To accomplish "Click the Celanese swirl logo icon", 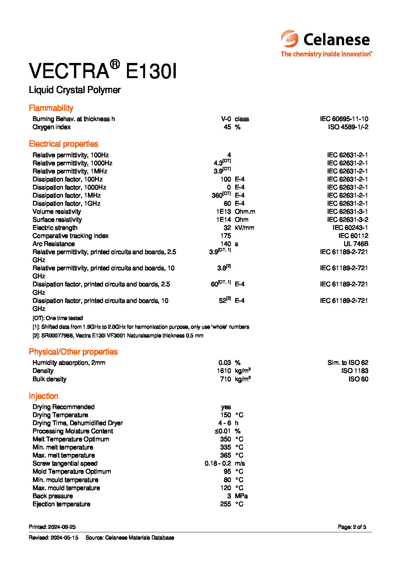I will tap(290, 39).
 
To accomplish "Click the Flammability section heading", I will tap(51, 108).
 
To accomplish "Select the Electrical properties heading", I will tap(63, 144).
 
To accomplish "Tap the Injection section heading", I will tap(43, 396).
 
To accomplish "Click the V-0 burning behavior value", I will tap(226, 119).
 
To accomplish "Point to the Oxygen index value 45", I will tap(227, 127).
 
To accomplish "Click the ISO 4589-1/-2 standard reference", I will tap(348, 127).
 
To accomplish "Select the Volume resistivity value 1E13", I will tap(223, 211).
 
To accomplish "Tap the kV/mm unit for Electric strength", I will tap(244, 228).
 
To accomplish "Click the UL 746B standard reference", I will tap(356, 244).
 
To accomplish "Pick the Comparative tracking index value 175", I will tap(226, 236).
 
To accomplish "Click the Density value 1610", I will tap(224, 371).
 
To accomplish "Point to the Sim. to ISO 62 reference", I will tap(348, 363).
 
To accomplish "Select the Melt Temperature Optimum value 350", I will tap(225, 439).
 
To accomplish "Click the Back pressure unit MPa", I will tap(241, 496).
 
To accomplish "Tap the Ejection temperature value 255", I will tap(225, 504).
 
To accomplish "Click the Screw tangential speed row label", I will tap(65, 463).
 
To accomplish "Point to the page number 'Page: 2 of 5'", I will tap(352, 527).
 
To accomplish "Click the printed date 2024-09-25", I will tap(62, 527).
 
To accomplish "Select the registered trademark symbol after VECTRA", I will tap(115, 64).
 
